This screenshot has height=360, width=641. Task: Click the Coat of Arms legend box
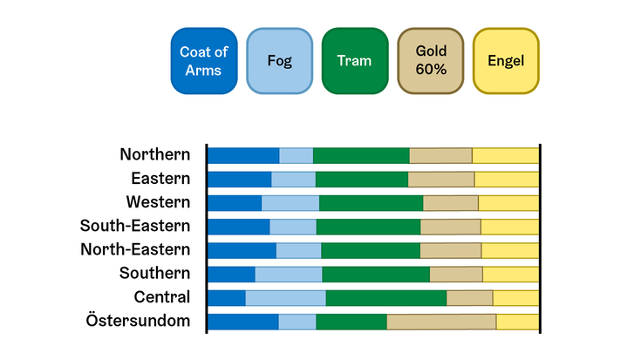pos(204,61)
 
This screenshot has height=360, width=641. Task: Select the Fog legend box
pos(280,61)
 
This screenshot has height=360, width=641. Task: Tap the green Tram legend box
pos(355,61)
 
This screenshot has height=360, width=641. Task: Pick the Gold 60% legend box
pos(431,61)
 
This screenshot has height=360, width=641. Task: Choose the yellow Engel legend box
pos(506,61)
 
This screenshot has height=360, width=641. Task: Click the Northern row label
pos(155,154)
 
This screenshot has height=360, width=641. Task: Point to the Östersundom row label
pos(138,321)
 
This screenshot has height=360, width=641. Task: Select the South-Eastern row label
pos(135,226)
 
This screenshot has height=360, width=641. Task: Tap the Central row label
pos(162,297)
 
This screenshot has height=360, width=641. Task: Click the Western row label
pos(158,202)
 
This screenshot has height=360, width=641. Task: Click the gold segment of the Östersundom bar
pos(441,322)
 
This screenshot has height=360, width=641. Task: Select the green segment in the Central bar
pos(386,298)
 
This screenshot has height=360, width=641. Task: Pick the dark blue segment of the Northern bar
pos(243,156)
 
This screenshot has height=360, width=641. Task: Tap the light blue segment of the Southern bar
pos(289,275)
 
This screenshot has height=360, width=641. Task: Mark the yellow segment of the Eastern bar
pos(507,180)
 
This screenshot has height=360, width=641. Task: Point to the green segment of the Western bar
pos(372,203)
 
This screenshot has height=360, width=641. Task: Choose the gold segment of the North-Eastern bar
pos(451,251)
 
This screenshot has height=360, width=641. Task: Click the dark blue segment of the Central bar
pos(227,298)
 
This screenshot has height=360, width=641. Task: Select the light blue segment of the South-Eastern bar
pos(293,228)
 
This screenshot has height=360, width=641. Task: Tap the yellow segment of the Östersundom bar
pos(518,322)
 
